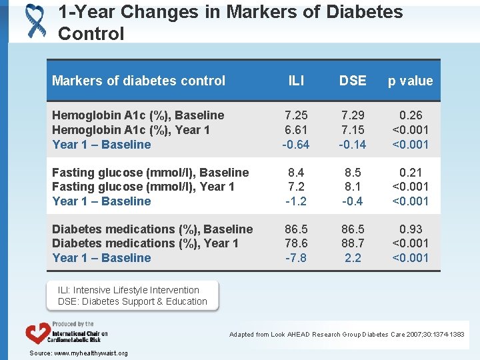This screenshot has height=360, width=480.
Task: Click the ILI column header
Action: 296,81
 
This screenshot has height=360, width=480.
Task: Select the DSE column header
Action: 353,81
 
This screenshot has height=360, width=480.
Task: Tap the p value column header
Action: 410,81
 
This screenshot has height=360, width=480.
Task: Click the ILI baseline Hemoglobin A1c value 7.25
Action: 296,115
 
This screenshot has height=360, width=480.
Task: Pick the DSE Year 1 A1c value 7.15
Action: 353,130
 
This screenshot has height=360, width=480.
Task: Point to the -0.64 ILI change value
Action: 296,145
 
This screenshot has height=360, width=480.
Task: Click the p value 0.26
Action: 410,115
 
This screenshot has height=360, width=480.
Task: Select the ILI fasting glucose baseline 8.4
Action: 296,173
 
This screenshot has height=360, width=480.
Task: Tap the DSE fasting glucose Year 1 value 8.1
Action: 353,187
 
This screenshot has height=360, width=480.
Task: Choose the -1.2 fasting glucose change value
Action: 296,201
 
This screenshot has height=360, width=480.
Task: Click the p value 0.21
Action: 410,173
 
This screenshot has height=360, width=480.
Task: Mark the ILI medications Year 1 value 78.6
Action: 296,243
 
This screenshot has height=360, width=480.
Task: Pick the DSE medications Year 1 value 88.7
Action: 353,243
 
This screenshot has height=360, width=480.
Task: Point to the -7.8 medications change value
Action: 296,258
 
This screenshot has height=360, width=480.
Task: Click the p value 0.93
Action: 410,229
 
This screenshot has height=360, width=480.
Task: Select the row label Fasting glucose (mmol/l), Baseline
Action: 150,173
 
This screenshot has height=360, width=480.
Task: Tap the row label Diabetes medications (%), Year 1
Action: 145,243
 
